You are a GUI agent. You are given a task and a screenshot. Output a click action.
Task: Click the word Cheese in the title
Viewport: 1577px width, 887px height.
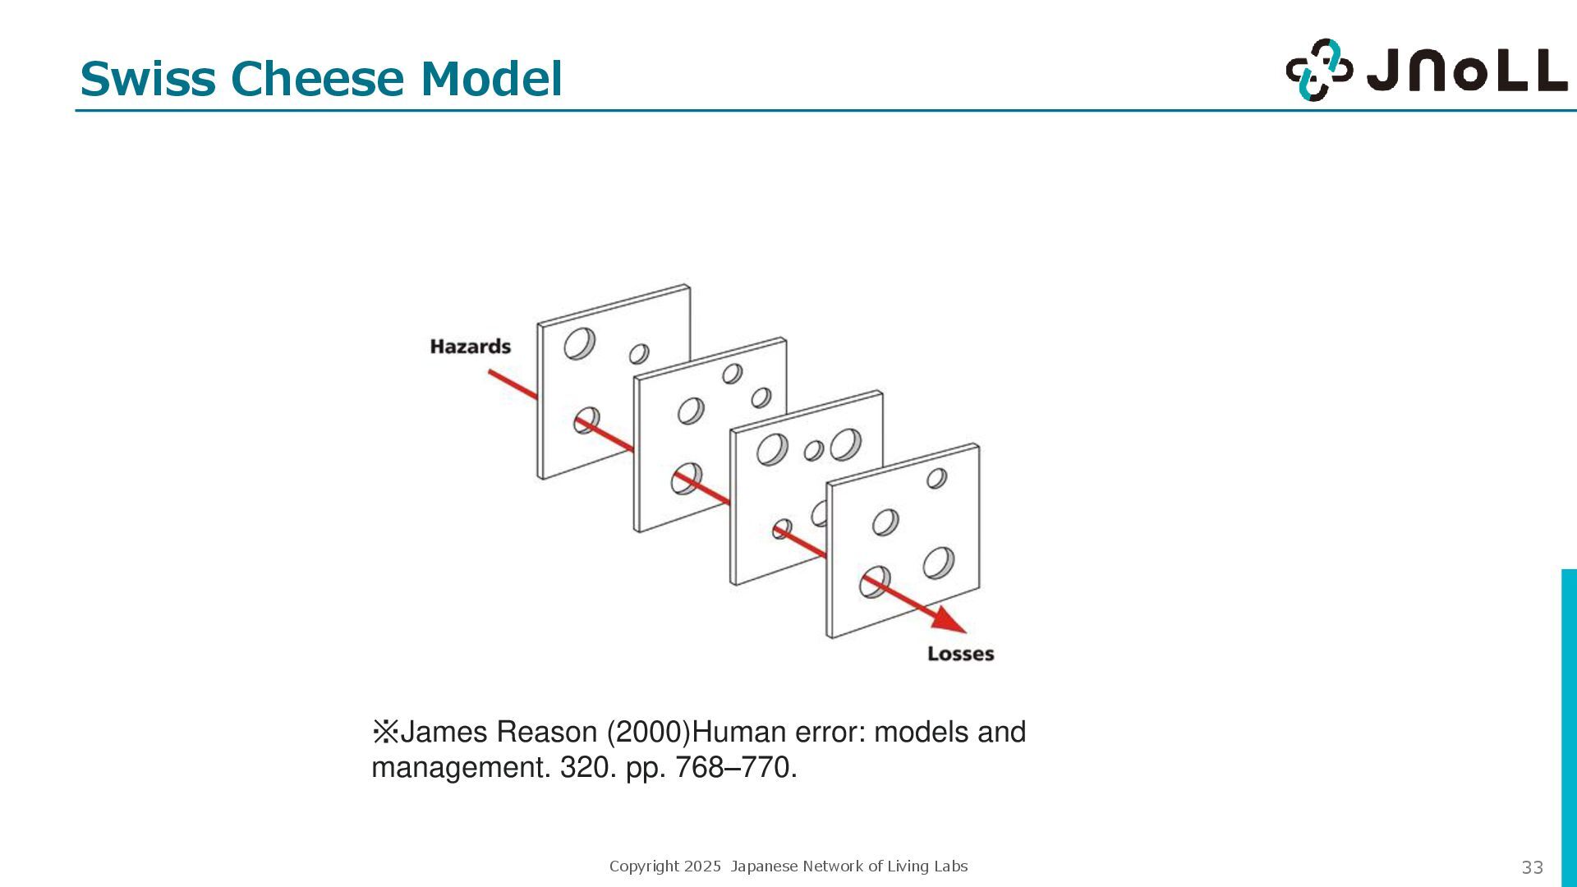pyautogui.click(x=318, y=79)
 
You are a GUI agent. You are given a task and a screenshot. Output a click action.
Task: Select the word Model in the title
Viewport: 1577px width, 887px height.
pyautogui.click(x=491, y=79)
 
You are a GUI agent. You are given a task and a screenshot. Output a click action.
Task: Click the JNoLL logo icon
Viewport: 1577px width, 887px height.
pyautogui.click(x=1318, y=70)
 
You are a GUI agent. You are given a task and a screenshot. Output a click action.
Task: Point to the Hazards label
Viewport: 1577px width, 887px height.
pyautogui.click(x=470, y=347)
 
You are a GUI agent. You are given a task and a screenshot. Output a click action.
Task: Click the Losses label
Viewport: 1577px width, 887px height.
pyautogui.click(x=960, y=654)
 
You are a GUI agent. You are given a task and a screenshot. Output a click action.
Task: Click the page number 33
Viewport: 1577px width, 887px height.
pyautogui.click(x=1532, y=867)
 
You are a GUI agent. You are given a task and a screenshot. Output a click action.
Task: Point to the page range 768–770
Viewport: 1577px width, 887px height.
pyautogui.click(x=735, y=768)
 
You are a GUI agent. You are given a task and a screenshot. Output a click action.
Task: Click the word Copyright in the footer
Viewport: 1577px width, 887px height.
pyautogui.click(x=644, y=866)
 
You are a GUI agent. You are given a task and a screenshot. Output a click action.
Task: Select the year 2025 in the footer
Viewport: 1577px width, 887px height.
pyautogui.click(x=702, y=866)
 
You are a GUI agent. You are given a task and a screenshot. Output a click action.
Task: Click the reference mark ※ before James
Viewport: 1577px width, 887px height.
pyautogui.click(x=384, y=732)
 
